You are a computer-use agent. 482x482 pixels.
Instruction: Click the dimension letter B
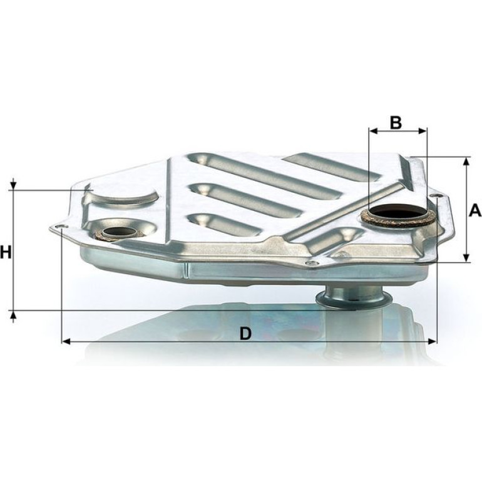(x=396, y=122)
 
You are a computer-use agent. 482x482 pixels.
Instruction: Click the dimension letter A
(x=475, y=211)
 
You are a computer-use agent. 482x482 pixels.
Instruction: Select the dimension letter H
(x=6, y=252)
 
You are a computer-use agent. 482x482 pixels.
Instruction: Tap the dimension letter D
(x=245, y=334)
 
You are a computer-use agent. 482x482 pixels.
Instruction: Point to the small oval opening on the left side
(x=120, y=232)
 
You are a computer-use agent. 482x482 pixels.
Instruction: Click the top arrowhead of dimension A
(x=466, y=162)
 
